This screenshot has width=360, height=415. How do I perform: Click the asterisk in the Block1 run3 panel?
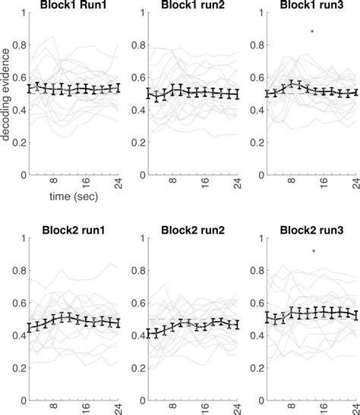pos(312,31)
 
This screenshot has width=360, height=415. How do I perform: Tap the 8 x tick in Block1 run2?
pos(172,182)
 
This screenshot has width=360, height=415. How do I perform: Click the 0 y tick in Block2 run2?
pos(141,400)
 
